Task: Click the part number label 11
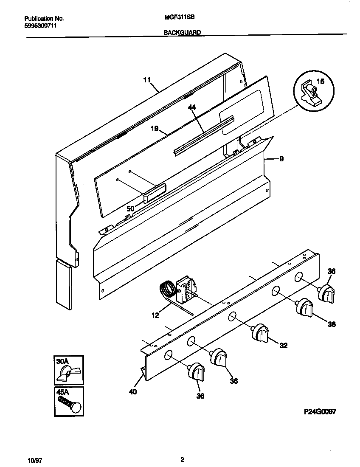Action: [146, 79]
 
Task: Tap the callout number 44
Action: [192, 108]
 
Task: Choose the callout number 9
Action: [281, 159]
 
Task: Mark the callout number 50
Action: [131, 208]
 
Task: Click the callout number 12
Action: [155, 315]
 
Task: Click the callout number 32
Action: [283, 346]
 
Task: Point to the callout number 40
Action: [132, 392]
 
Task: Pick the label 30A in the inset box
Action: [62, 361]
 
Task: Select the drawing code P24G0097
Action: [320, 411]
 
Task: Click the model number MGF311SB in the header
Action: [176, 18]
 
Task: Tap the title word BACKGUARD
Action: [182, 32]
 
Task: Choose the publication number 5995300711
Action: [41, 25]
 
